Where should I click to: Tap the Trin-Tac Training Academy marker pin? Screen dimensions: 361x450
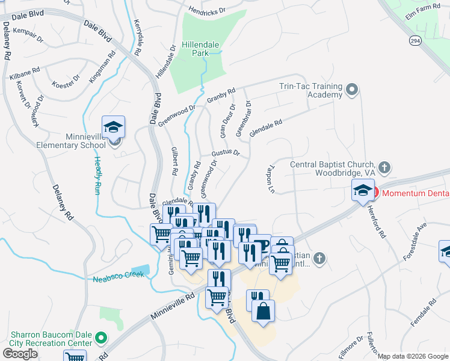(x=352, y=90)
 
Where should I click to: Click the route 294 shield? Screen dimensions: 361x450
(x=415, y=40)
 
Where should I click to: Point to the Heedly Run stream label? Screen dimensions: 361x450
(x=97, y=176)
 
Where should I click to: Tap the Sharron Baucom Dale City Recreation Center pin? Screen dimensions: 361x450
(x=101, y=339)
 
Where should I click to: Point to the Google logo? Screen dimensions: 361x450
(x=20, y=354)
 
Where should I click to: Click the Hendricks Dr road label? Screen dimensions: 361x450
(x=206, y=10)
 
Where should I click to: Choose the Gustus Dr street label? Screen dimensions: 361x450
(x=226, y=153)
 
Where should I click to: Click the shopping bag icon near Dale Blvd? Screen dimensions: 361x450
(x=263, y=311)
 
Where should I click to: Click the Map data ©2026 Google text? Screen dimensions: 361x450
(x=413, y=356)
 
